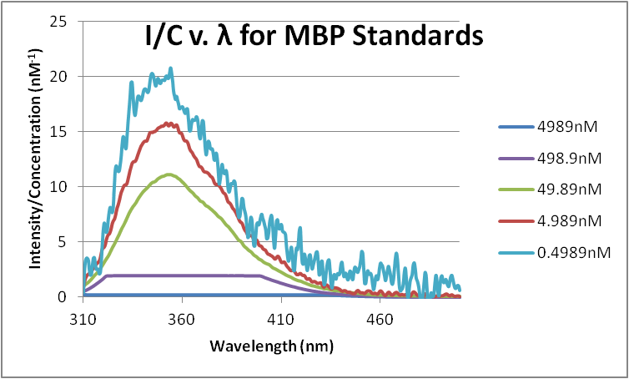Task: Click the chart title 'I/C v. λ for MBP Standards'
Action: [x=310, y=37]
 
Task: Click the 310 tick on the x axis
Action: [x=83, y=318]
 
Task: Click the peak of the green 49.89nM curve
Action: [x=169, y=174]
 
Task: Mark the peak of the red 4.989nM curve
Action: [x=169, y=124]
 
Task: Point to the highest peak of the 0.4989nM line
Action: [x=171, y=68]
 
